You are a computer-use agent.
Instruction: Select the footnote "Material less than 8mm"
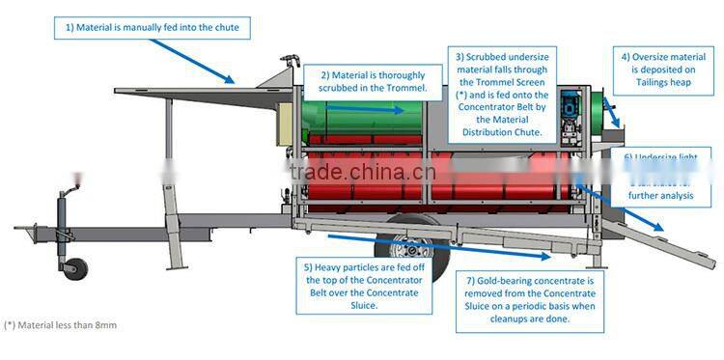click(59, 325)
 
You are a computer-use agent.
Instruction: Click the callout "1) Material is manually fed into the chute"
click(152, 28)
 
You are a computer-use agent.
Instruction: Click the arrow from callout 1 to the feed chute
click(209, 60)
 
